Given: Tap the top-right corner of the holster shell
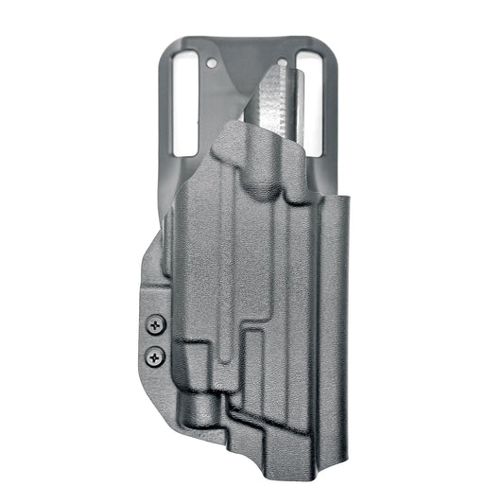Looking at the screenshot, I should [x=348, y=200].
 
